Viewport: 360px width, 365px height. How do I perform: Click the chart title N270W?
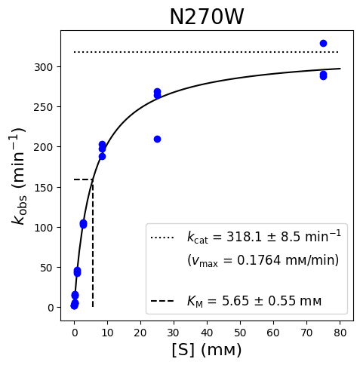click(207, 17)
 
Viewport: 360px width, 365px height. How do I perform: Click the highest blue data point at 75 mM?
click(323, 43)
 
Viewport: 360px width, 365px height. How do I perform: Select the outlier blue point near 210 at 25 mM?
click(157, 139)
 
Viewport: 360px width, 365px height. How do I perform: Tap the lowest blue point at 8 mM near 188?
click(102, 156)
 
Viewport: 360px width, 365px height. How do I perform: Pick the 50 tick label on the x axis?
click(240, 333)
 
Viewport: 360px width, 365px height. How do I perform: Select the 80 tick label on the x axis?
click(340, 333)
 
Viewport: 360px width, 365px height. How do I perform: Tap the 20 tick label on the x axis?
click(140, 333)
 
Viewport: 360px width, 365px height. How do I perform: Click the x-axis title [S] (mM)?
click(207, 350)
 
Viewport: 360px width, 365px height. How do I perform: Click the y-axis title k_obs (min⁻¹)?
click(19, 176)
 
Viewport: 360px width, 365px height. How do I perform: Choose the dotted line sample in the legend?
click(162, 238)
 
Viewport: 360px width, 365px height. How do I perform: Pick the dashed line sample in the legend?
click(162, 301)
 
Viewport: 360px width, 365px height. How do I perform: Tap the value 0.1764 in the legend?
click(259, 260)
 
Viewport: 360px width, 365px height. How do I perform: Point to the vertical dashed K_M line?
click(93, 243)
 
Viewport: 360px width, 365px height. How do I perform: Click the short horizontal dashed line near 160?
click(84, 179)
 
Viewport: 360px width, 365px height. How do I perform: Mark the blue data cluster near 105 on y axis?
click(83, 224)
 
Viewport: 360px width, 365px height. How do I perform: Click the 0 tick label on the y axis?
click(51, 308)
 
